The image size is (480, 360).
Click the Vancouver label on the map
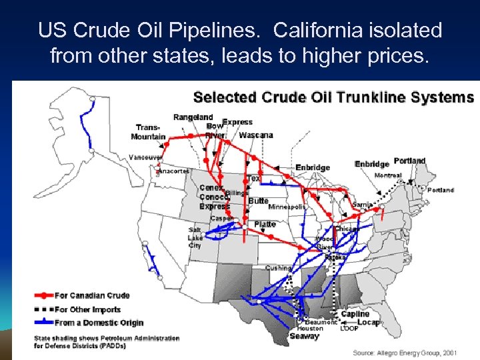[x=145, y=157]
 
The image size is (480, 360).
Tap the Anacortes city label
[x=173, y=171]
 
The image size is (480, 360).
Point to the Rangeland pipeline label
[x=193, y=117]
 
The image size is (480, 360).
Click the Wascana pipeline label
[x=255, y=135]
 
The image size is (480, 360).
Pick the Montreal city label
[x=388, y=175]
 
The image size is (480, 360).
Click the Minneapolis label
[x=287, y=207]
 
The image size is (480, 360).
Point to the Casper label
[x=222, y=218]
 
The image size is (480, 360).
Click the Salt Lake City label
[x=195, y=237]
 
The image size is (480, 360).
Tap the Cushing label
[x=278, y=268]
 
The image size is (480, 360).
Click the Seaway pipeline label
[x=305, y=337]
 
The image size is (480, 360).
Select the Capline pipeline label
[x=355, y=314]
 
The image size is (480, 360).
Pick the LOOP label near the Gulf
[x=349, y=329]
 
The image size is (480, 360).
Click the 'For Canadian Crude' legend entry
[x=92, y=295]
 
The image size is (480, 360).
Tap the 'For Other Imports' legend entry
[x=87, y=309]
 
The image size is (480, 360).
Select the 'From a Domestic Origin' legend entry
[x=99, y=323]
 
